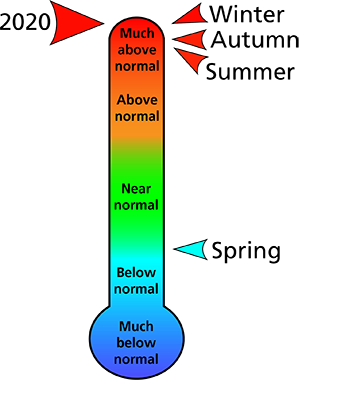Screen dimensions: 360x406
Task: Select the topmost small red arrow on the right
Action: click(192, 15)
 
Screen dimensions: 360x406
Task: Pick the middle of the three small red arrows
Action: click(192, 39)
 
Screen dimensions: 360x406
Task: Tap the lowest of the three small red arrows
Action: click(193, 60)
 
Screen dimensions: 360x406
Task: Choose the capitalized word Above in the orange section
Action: click(137, 100)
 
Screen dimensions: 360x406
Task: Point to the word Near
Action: click(137, 188)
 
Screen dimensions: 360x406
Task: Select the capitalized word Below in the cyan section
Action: click(137, 273)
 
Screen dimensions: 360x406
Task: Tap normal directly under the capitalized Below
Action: click(137, 288)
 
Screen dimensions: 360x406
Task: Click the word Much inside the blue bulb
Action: click(137, 327)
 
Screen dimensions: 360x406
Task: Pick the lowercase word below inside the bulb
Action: click(137, 343)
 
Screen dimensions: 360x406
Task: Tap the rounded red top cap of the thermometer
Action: click(137, 24)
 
